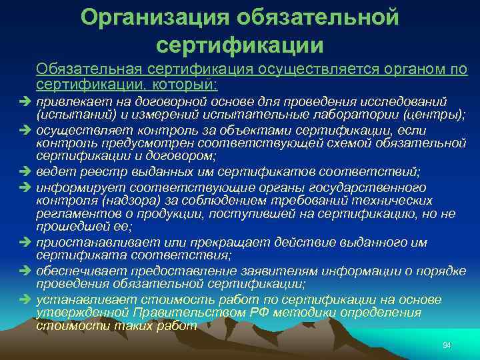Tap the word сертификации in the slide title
click(x=239, y=45)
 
